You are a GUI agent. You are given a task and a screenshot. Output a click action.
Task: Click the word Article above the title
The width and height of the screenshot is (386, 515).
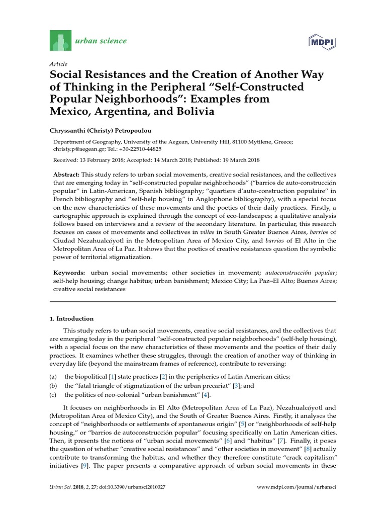point(58,65)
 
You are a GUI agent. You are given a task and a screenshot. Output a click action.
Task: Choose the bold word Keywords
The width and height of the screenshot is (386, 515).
point(69,272)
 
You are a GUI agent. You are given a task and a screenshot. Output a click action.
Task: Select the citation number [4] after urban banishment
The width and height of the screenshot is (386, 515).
point(206,395)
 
